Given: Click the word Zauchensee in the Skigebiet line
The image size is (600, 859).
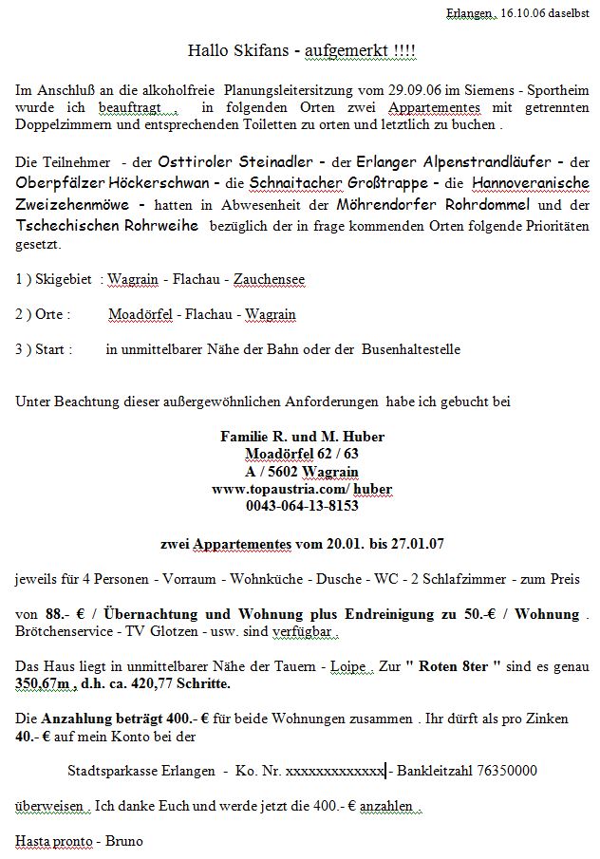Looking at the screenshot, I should pos(270,280).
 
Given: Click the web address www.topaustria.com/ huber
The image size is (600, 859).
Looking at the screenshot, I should pos(302,489).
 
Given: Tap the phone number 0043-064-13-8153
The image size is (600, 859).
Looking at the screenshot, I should pos(302,506).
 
